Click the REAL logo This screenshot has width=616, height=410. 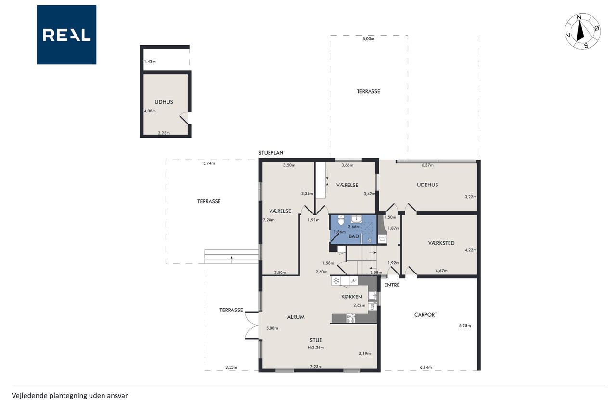tap(66, 35)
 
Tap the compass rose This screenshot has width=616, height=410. tap(582, 32)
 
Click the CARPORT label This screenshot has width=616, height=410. tap(426, 315)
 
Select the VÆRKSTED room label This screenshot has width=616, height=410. tap(441, 243)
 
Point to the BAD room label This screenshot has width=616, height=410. tap(354, 236)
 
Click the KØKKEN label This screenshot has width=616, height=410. tap(351, 297)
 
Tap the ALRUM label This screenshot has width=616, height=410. tap(295, 317)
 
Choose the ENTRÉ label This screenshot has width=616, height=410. tap(392, 285)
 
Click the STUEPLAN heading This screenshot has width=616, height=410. tap(271, 153)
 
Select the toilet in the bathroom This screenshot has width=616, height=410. tap(341, 220)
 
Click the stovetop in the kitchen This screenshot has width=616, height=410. tap(350, 318)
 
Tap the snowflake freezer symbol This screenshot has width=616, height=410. tap(336, 281)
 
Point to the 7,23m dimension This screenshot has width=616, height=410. tap(316, 367)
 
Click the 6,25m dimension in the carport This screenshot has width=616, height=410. tap(465, 326)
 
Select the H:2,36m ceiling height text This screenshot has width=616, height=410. tap(316, 348)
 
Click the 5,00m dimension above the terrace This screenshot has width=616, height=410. tap(368, 39)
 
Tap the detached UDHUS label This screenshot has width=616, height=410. tap(164, 102)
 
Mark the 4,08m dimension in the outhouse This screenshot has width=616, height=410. tap(150, 111)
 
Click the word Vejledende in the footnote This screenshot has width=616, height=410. tap(29, 396)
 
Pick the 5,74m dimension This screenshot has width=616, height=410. tap(209, 163)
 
